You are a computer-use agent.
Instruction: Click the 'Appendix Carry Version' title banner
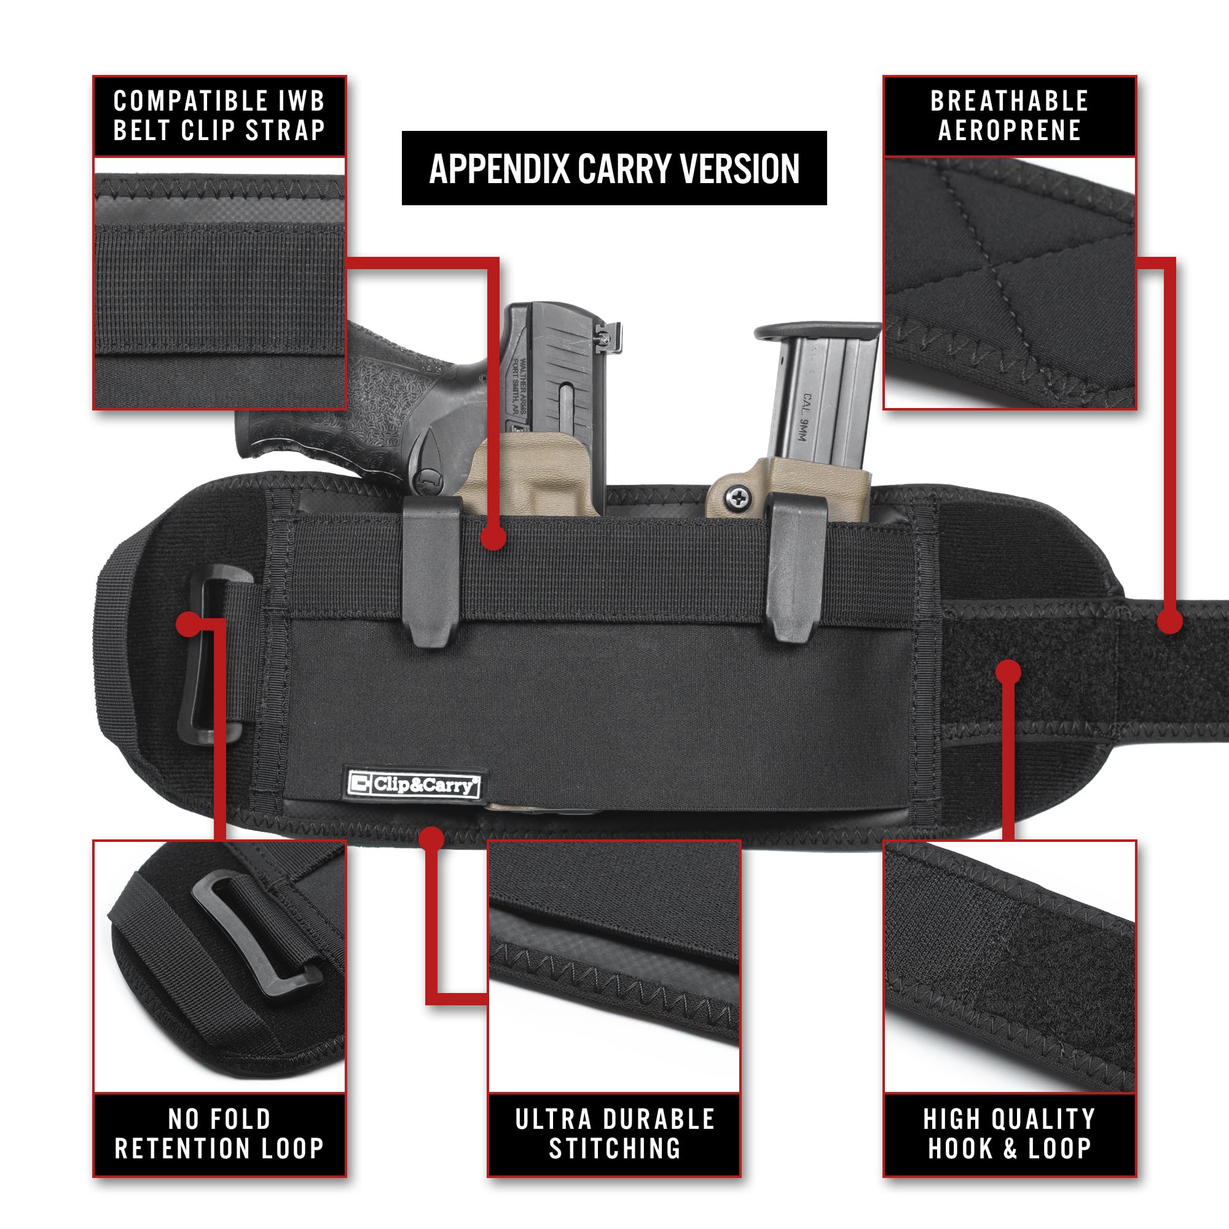pos(614,168)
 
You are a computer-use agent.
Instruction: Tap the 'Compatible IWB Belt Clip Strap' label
pos(219,116)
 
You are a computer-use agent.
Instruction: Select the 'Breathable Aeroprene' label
pos(1009,116)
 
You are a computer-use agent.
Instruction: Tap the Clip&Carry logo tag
pos(414,784)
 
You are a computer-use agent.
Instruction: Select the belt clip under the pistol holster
pos(432,570)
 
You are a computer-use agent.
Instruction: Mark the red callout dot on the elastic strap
pos(493,538)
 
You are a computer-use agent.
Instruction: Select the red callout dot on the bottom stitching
pos(431,838)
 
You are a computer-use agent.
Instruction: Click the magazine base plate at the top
pos(817,331)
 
